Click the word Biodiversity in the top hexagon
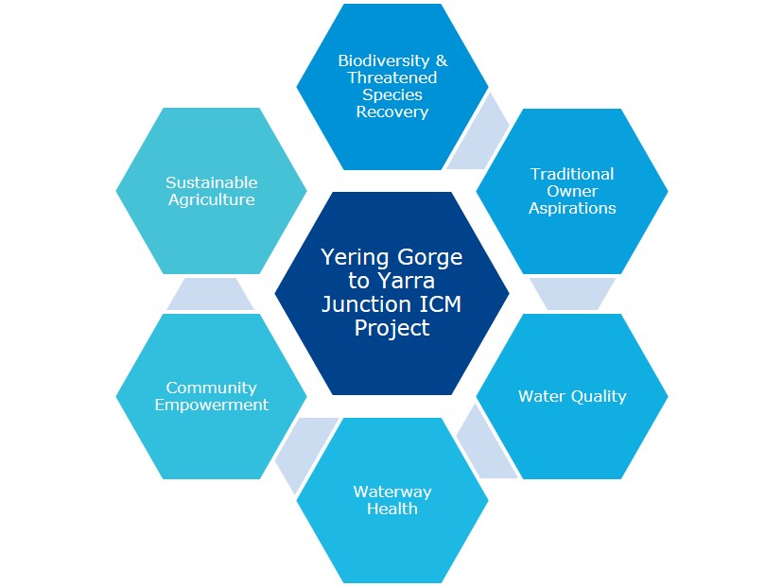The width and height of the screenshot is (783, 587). coord(384,60)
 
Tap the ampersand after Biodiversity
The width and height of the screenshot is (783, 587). coord(442,60)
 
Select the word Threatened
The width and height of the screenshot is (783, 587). coord(392,78)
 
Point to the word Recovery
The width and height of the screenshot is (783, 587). coord(392,112)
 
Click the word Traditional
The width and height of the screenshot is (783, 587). coord(572,174)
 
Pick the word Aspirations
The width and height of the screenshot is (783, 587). coord(572,208)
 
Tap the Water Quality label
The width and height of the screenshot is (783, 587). coord(572,396)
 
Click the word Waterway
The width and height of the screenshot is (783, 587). coord(392,492)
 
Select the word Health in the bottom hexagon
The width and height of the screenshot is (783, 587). coord(392,509)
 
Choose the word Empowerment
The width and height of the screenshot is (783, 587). coord(212,405)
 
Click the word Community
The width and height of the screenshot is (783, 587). coord(212,388)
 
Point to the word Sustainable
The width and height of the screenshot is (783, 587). coord(212,182)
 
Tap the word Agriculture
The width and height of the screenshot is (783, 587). coord(212,199)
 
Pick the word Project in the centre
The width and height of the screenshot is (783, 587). coord(392,328)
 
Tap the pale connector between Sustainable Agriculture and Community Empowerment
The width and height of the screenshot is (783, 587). coord(210,294)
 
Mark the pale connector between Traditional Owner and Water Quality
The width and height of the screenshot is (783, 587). coord(572,294)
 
